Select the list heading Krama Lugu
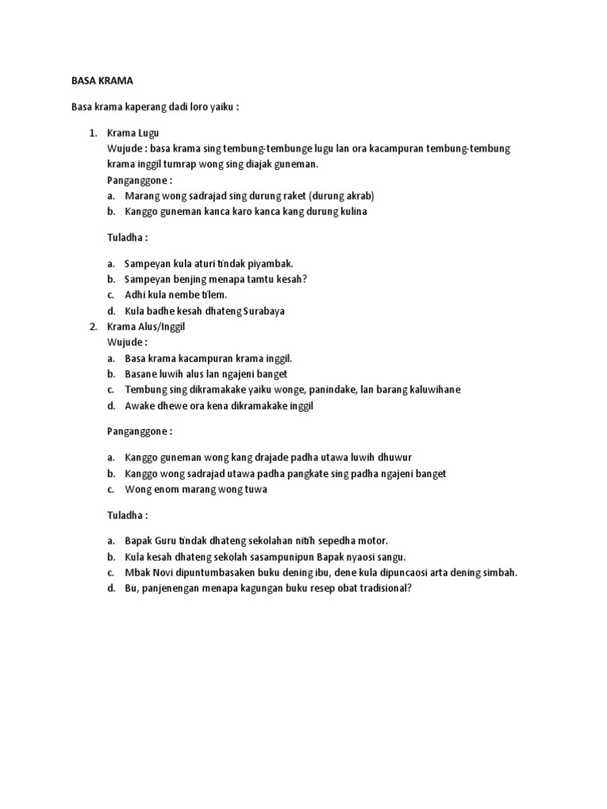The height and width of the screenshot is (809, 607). click(134, 133)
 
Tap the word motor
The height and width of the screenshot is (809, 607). click(371, 540)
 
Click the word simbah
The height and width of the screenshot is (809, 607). click(498, 573)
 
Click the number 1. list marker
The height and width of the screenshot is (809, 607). click(92, 133)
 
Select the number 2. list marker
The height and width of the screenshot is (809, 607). click(92, 326)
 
